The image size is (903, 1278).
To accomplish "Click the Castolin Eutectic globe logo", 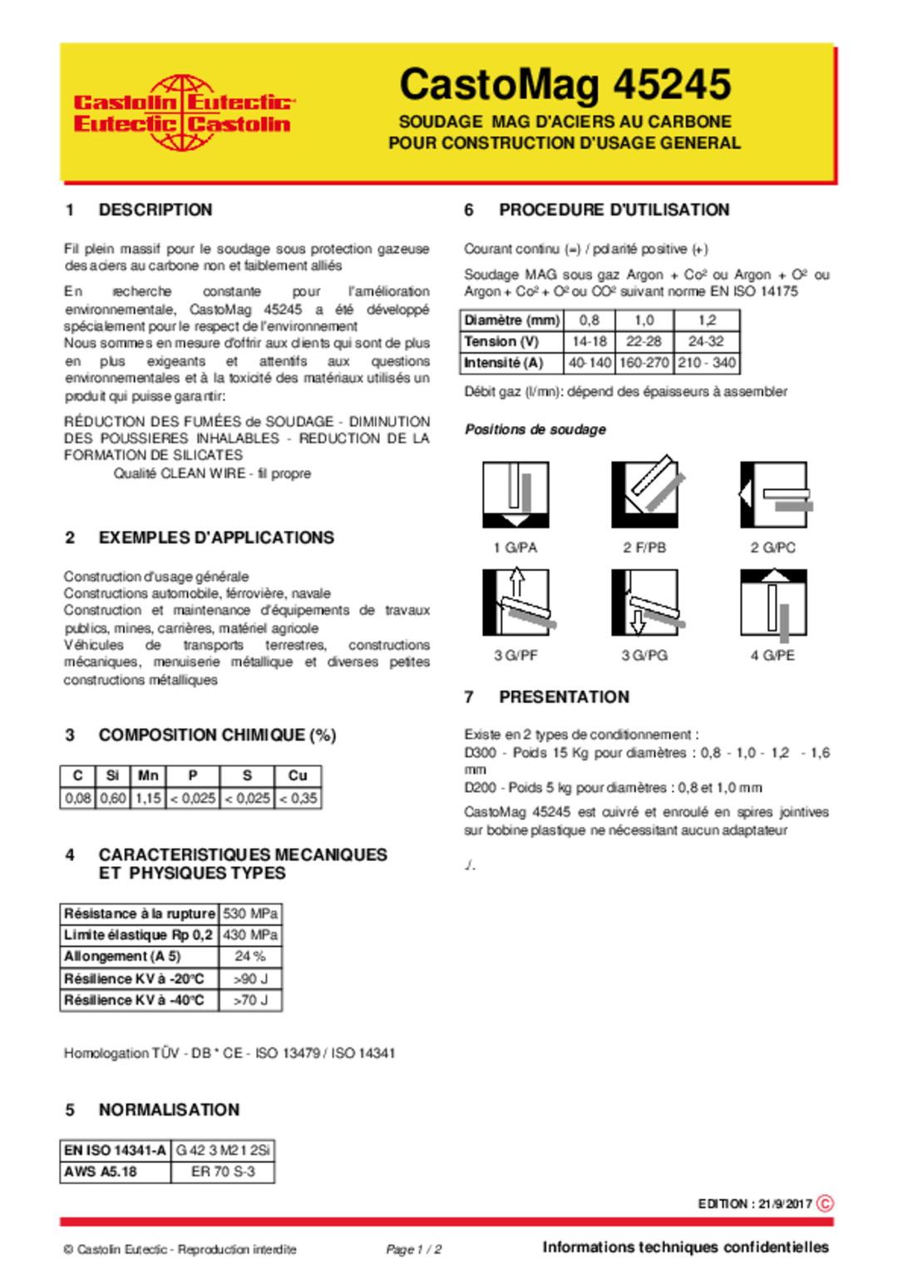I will pyautogui.click(x=183, y=113).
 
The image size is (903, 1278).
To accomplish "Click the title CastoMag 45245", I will pyautogui.click(x=565, y=85).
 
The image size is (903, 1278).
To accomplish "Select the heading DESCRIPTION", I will pyautogui.click(x=155, y=210).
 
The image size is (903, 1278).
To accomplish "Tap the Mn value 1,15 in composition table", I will pyautogui.click(x=148, y=798).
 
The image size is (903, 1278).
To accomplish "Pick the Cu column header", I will pyautogui.click(x=298, y=775).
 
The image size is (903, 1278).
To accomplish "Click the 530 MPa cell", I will pyautogui.click(x=250, y=914).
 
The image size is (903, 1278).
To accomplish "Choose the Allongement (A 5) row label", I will pyautogui.click(x=122, y=957).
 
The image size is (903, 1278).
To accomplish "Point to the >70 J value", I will pyautogui.click(x=250, y=1000).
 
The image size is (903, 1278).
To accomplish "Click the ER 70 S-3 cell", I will pyautogui.click(x=223, y=1171).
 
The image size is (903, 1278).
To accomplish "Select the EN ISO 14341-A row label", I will pyautogui.click(x=115, y=1150).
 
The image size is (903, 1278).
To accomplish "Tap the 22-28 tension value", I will pyautogui.click(x=644, y=341).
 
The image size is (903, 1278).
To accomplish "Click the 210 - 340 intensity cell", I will pyautogui.click(x=706, y=363).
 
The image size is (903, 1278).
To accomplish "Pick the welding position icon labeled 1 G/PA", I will pyautogui.click(x=516, y=494).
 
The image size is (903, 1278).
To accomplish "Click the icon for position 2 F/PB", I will pyautogui.click(x=645, y=494).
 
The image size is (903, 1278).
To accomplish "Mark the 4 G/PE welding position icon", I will pyautogui.click(x=773, y=602).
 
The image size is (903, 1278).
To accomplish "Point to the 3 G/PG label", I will pyautogui.click(x=644, y=656).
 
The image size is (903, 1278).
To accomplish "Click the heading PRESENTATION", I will pyautogui.click(x=564, y=697).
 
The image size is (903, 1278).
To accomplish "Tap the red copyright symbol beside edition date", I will pyautogui.click(x=825, y=1203).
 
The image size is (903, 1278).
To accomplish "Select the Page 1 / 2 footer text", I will pyautogui.click(x=413, y=1249).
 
